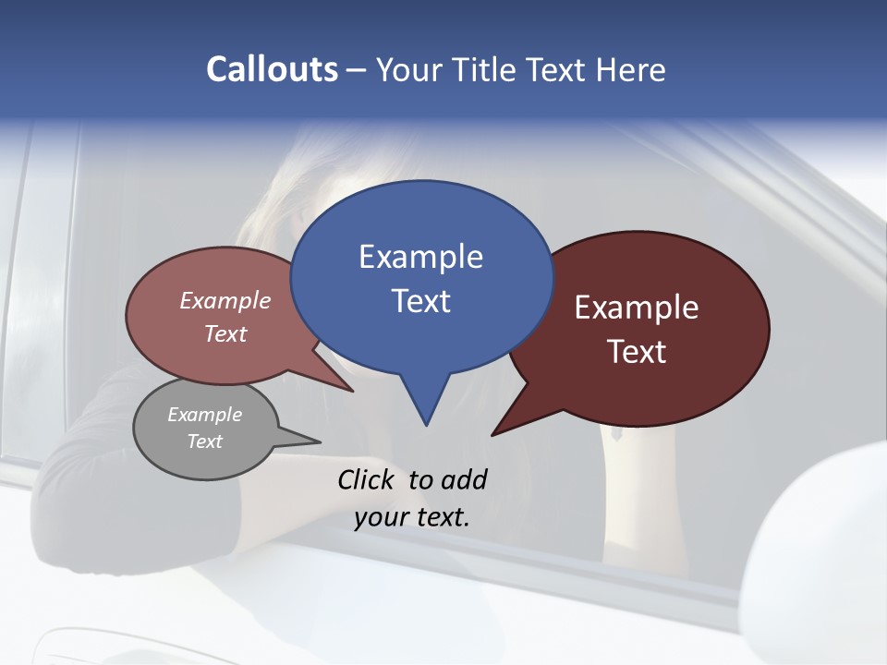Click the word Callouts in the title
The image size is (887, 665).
point(272,70)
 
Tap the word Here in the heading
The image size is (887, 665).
point(631,70)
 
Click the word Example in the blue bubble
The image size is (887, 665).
point(420,257)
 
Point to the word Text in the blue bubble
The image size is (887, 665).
point(420,301)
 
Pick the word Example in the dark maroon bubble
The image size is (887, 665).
point(637,308)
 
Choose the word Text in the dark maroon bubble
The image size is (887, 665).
point(637,352)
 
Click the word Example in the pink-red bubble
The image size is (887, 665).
point(225,300)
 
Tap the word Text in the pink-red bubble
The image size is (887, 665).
point(225,333)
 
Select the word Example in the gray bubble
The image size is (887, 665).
point(205,415)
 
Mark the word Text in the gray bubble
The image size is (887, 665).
point(205,441)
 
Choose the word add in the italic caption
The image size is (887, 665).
point(464,479)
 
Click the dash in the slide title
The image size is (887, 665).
point(358,70)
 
